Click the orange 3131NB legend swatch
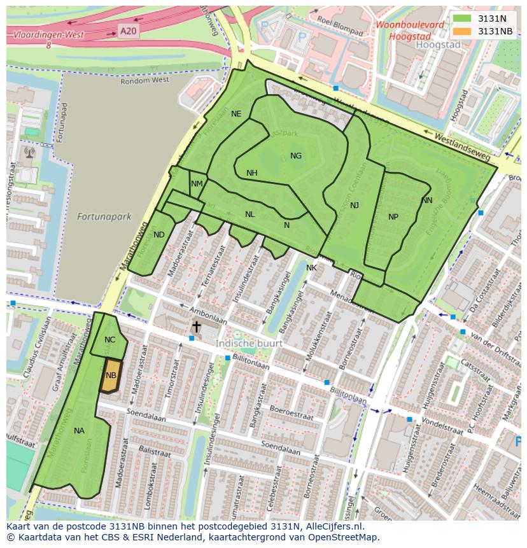[463, 31]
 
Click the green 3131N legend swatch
[463, 18]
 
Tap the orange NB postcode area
[111, 376]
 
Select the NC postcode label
[110, 340]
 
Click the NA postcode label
[79, 431]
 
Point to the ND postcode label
[159, 235]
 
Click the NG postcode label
[296, 156]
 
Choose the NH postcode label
[252, 173]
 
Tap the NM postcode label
[197, 184]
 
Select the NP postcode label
[393, 217]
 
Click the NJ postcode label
[355, 205]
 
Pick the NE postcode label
[236, 114]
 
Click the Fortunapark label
[104, 216]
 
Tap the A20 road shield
[128, 30]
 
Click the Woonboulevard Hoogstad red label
[409, 31]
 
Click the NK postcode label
[311, 268]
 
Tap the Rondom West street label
[148, 81]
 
